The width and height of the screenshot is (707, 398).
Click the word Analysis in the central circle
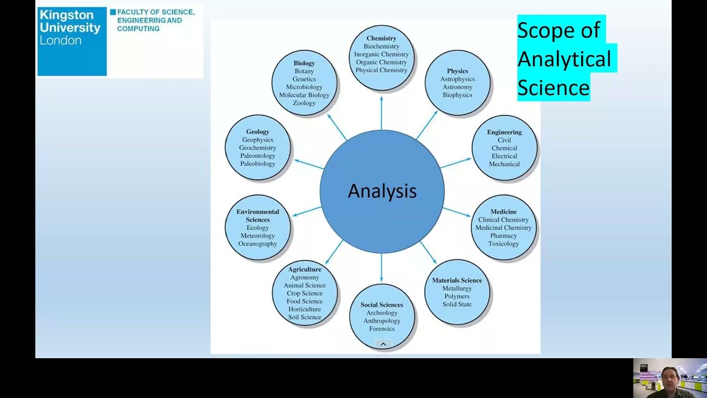[382, 191]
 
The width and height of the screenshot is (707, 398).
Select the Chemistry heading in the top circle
[381, 38]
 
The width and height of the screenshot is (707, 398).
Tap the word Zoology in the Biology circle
[304, 103]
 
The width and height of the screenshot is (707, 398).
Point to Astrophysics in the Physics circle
[457, 79]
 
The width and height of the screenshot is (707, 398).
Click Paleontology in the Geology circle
[257, 156]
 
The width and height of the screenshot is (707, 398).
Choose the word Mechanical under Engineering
[504, 164]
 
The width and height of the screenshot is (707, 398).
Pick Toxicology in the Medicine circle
[503, 244]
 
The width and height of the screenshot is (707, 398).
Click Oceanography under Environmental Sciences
[257, 244]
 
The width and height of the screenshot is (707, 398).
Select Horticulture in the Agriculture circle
[304, 309]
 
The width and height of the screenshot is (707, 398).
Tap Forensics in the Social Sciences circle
[382, 329]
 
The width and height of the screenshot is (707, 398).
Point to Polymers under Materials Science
[457, 296]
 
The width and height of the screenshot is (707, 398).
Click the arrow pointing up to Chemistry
[381, 113]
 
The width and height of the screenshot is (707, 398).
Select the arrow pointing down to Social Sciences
[381, 268]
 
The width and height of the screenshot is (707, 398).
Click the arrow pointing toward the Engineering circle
[456, 163]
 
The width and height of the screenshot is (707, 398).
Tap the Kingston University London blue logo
[72, 41]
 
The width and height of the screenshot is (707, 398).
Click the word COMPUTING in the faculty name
[138, 29]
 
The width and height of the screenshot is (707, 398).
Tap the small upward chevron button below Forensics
[383, 344]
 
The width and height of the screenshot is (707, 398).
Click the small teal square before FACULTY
[113, 12]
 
